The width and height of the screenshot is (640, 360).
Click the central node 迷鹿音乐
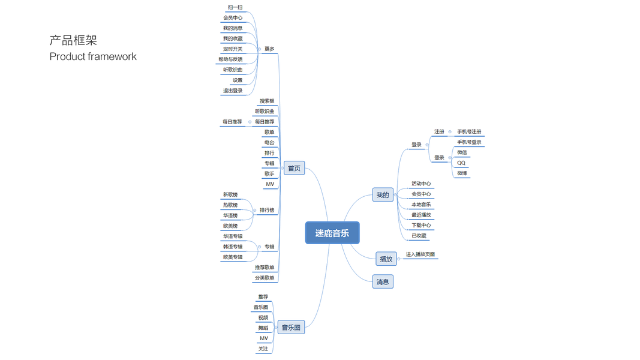click(332, 233)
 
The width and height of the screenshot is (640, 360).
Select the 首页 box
click(294, 169)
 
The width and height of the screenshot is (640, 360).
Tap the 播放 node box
click(386, 259)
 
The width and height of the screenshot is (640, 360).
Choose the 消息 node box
click(383, 282)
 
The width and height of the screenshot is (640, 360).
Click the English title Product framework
click(93, 56)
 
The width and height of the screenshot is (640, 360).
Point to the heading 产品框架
click(73, 40)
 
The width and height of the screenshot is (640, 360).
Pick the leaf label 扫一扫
click(235, 8)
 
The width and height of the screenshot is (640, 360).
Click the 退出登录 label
click(233, 91)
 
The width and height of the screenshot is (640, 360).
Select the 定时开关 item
click(233, 49)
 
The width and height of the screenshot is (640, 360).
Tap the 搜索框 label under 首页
click(267, 101)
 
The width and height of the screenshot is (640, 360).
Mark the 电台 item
click(269, 143)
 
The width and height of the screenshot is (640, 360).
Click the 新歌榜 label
click(230, 195)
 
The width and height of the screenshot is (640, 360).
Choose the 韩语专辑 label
click(233, 247)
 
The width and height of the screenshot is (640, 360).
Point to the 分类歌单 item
click(265, 278)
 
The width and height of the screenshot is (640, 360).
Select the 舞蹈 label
click(263, 328)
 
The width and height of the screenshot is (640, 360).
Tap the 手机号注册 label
click(469, 132)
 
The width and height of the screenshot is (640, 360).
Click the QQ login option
click(461, 163)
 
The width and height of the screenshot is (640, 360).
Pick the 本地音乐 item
click(421, 205)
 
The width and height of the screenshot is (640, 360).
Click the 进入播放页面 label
click(420, 255)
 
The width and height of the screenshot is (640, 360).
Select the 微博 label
click(462, 173)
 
